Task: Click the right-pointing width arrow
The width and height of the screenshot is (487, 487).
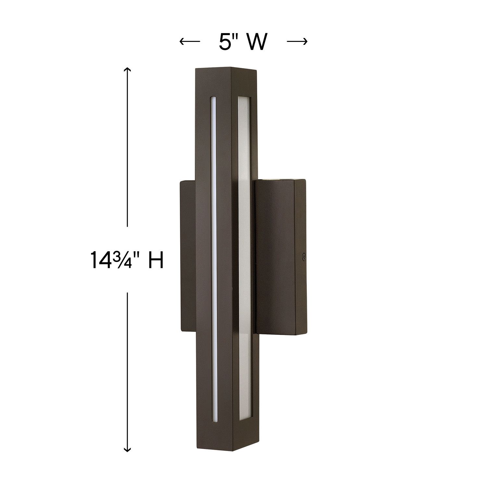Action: point(297,41)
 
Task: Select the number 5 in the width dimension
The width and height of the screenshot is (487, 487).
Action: point(225,42)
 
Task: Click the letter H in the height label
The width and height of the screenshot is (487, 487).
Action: point(156,260)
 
